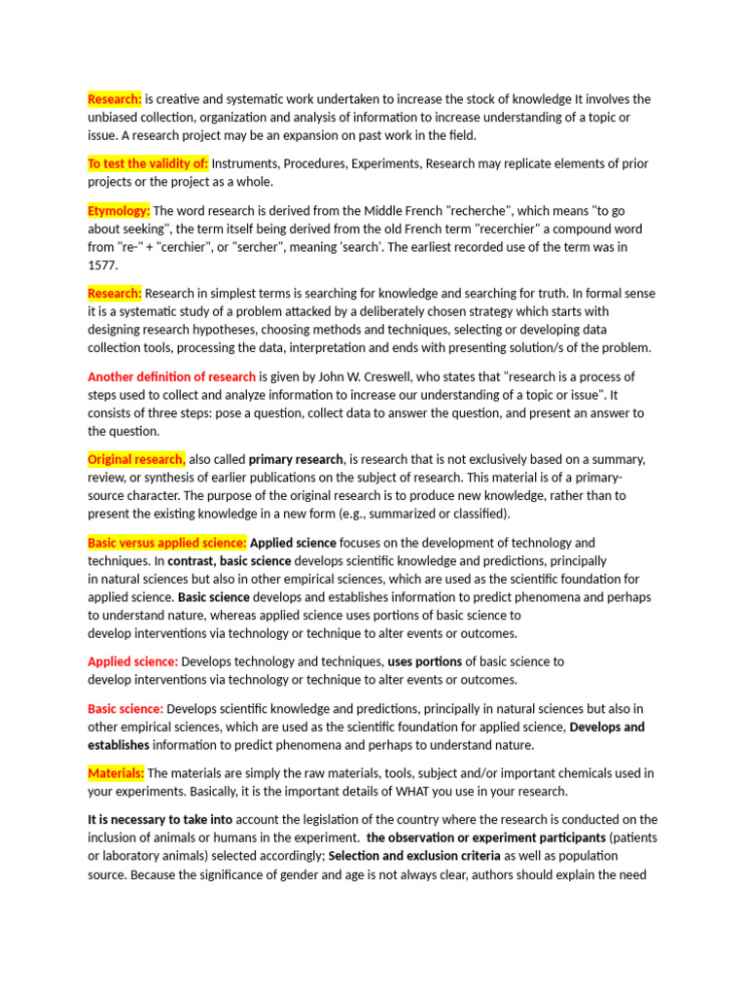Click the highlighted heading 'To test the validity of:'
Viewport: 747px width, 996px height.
[148, 163]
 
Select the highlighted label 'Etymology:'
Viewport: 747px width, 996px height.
[119, 210]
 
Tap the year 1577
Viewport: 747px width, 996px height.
[102, 265]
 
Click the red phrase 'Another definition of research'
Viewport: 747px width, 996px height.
[171, 376]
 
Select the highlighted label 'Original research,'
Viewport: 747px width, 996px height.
[136, 459]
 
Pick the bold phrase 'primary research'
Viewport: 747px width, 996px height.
[296, 459]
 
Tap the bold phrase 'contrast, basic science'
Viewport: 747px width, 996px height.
[230, 561]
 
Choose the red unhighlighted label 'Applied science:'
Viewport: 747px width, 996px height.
[132, 661]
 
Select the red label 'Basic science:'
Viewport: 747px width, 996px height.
[125, 709]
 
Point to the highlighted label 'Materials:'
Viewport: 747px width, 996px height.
[116, 773]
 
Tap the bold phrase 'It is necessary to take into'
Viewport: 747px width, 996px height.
[160, 820]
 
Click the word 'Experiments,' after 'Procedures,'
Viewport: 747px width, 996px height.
[384, 163]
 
